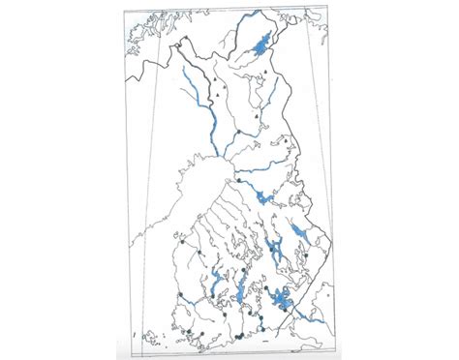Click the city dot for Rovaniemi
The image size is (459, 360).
click(237, 131)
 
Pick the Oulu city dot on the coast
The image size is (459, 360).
click(237, 180)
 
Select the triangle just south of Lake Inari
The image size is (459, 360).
click(262, 74)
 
